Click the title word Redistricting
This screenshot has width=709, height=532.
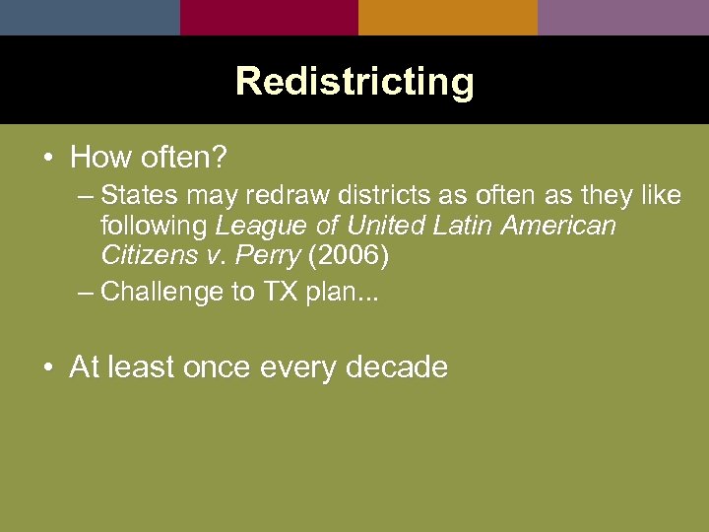(354, 81)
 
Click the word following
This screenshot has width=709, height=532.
(154, 226)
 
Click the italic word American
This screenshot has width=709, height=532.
(558, 226)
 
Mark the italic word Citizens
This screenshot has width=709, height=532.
(148, 256)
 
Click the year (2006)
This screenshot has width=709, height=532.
(350, 256)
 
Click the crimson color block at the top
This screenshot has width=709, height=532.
(269, 17)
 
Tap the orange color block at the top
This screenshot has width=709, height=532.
(448, 17)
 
